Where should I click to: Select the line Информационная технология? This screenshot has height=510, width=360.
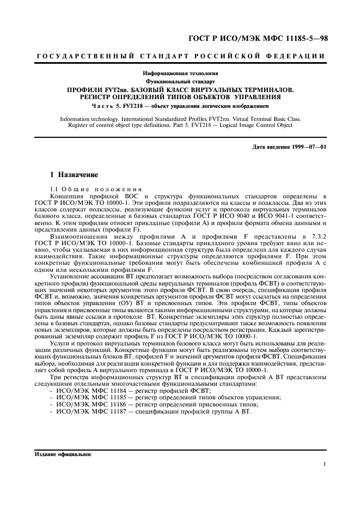click(x=180, y=73)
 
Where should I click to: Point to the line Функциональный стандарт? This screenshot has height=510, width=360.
click(x=180, y=81)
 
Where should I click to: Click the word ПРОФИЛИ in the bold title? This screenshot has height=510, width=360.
click(x=87, y=89)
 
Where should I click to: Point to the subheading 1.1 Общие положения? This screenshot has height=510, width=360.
click(x=88, y=188)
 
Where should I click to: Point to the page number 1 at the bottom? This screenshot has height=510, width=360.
click(x=324, y=464)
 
